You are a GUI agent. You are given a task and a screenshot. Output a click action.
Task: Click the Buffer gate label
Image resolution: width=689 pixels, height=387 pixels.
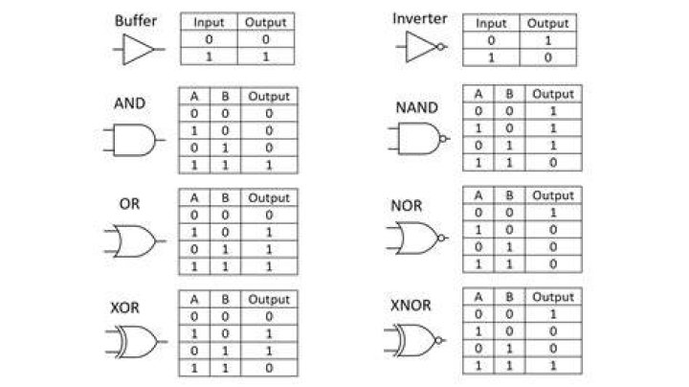135,21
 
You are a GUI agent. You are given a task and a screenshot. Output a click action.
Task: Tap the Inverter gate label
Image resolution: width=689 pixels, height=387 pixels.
420,18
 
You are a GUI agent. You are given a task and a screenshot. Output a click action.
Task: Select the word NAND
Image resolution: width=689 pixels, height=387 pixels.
416,107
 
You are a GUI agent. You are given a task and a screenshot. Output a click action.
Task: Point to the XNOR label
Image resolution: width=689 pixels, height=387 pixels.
411,306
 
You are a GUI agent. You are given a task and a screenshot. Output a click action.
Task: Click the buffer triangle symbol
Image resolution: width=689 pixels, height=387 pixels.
138,49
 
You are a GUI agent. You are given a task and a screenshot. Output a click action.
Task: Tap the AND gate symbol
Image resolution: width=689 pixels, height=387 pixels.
134,140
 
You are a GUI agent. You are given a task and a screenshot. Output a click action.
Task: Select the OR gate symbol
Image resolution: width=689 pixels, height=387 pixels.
135,241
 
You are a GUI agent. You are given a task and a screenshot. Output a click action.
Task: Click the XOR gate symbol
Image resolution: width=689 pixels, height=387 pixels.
136,341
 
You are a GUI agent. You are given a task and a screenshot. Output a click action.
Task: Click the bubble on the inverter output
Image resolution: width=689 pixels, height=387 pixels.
440,47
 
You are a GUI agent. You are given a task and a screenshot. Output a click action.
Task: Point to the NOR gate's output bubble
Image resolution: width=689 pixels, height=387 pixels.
441,238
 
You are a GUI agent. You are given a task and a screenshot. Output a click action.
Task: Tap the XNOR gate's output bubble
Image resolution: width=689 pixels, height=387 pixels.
438,340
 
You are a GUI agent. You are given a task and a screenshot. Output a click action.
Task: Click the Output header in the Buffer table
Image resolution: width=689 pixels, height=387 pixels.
265,22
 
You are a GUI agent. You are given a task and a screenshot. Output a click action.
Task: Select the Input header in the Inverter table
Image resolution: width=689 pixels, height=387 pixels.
491,23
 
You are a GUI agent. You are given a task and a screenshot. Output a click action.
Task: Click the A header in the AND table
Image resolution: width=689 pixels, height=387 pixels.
194,97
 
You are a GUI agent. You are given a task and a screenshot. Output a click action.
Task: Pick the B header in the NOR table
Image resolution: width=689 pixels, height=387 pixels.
509,195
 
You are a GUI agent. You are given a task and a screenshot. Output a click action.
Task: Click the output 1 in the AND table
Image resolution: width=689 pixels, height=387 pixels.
269,166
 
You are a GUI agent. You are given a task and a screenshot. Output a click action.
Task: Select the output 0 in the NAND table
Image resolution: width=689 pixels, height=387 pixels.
553,163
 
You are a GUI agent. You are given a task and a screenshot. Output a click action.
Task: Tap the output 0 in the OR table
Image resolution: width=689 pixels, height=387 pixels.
269,215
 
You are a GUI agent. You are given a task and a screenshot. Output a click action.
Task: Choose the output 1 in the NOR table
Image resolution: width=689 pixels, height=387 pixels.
553,213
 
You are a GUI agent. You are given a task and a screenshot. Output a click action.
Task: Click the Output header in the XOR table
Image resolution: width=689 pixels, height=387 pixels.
269,300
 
